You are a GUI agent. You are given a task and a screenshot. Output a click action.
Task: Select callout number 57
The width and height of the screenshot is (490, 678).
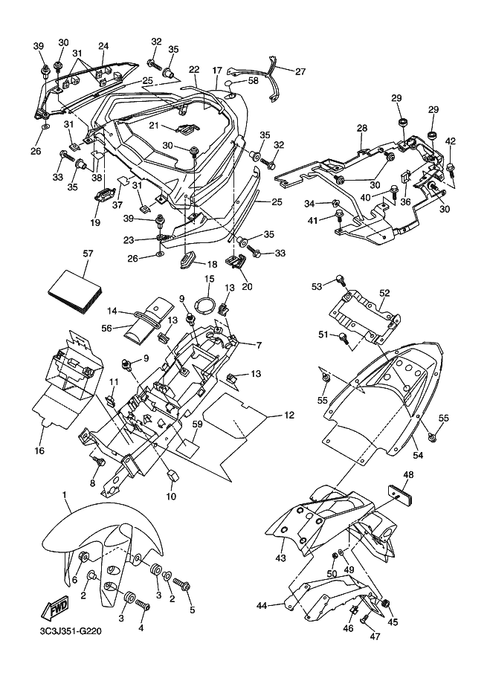(x=88, y=254)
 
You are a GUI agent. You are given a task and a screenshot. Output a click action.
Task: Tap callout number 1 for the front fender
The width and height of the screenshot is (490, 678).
(x=65, y=495)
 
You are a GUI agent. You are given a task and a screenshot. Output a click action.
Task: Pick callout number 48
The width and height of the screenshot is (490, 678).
(x=408, y=474)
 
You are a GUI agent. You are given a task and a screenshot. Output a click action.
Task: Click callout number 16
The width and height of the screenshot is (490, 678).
(x=39, y=451)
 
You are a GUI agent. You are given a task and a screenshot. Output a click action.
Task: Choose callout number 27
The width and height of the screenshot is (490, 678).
(x=300, y=72)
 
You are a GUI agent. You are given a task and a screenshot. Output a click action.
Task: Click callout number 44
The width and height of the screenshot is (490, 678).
(x=261, y=606)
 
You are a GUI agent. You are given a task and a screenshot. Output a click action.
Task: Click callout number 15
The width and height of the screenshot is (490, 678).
(x=210, y=279)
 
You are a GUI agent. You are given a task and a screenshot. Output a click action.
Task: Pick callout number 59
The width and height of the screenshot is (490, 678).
(x=197, y=424)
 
